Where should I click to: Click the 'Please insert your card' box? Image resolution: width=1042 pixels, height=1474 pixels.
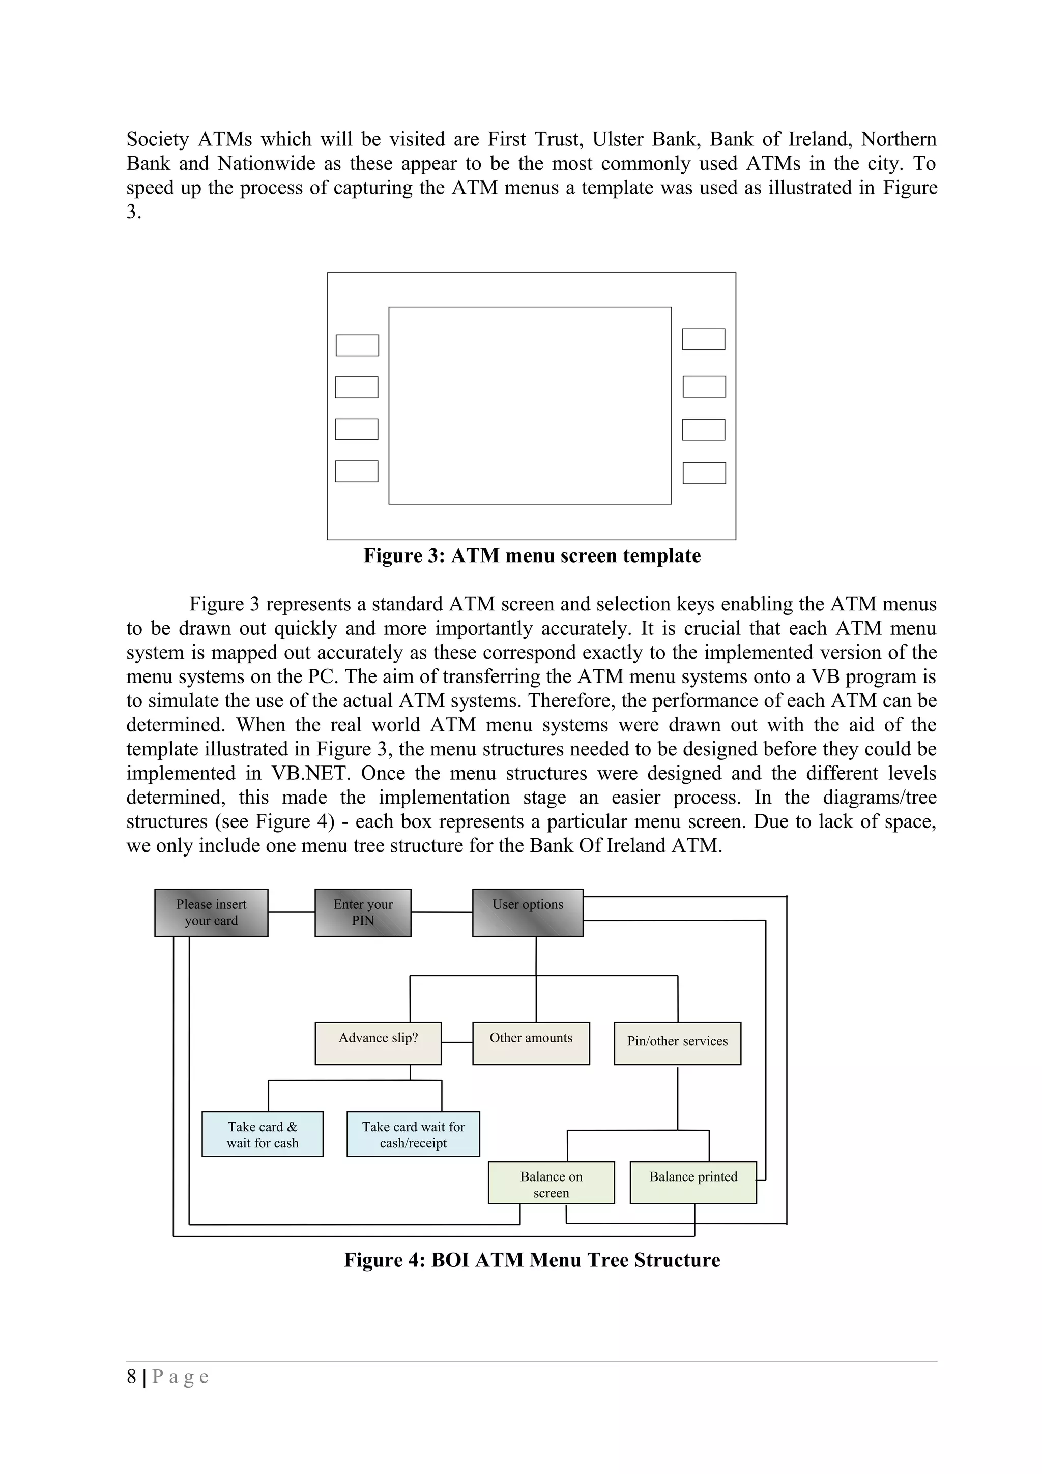coord(211,912)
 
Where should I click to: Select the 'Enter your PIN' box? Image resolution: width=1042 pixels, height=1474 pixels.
coord(363,912)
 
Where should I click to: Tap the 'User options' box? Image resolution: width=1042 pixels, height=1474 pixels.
coord(528,912)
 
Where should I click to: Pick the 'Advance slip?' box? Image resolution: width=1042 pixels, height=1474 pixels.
coord(378,1043)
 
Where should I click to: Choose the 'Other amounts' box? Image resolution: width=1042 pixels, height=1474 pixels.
coord(531,1043)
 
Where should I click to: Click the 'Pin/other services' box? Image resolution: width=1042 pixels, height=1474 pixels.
coord(677,1043)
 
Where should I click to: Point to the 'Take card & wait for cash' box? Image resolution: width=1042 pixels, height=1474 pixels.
coord(263,1134)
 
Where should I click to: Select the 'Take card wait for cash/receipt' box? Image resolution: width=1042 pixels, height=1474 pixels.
coord(414,1134)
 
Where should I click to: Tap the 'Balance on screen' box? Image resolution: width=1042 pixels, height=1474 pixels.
coord(552,1183)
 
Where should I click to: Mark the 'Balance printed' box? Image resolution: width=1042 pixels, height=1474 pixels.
coord(693,1183)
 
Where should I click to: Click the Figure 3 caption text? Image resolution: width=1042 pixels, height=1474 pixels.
coord(532,555)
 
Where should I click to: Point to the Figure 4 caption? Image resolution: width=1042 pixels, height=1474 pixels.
coord(532,1260)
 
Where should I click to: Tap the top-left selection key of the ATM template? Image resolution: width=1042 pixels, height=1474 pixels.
coord(358,345)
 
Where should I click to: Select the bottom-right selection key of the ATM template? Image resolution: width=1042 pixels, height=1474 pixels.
coord(704,473)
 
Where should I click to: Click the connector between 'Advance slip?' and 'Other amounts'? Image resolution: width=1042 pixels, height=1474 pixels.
coord(457,1043)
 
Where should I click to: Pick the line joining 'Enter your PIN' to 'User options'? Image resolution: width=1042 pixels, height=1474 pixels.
coord(442,912)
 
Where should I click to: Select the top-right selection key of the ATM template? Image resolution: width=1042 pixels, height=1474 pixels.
coord(704,339)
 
